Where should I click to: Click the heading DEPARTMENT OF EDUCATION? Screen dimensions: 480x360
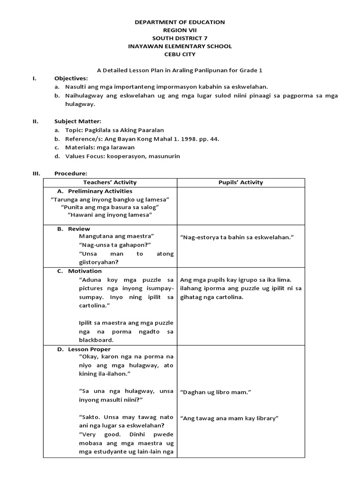coord(180,22)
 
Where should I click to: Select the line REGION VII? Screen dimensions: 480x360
coord(180,30)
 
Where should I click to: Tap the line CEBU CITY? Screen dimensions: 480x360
coord(180,54)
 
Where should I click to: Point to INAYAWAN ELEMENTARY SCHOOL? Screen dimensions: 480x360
coord(180,46)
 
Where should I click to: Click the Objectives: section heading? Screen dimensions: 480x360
coord(71,79)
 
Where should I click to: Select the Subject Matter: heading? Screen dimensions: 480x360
coord(75,121)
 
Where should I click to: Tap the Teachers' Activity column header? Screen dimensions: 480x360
coord(110,182)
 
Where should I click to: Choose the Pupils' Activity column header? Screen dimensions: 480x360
coord(241,182)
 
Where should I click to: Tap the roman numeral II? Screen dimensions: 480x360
coord(35,121)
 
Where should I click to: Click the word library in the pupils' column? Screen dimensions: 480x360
coord(267,418)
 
